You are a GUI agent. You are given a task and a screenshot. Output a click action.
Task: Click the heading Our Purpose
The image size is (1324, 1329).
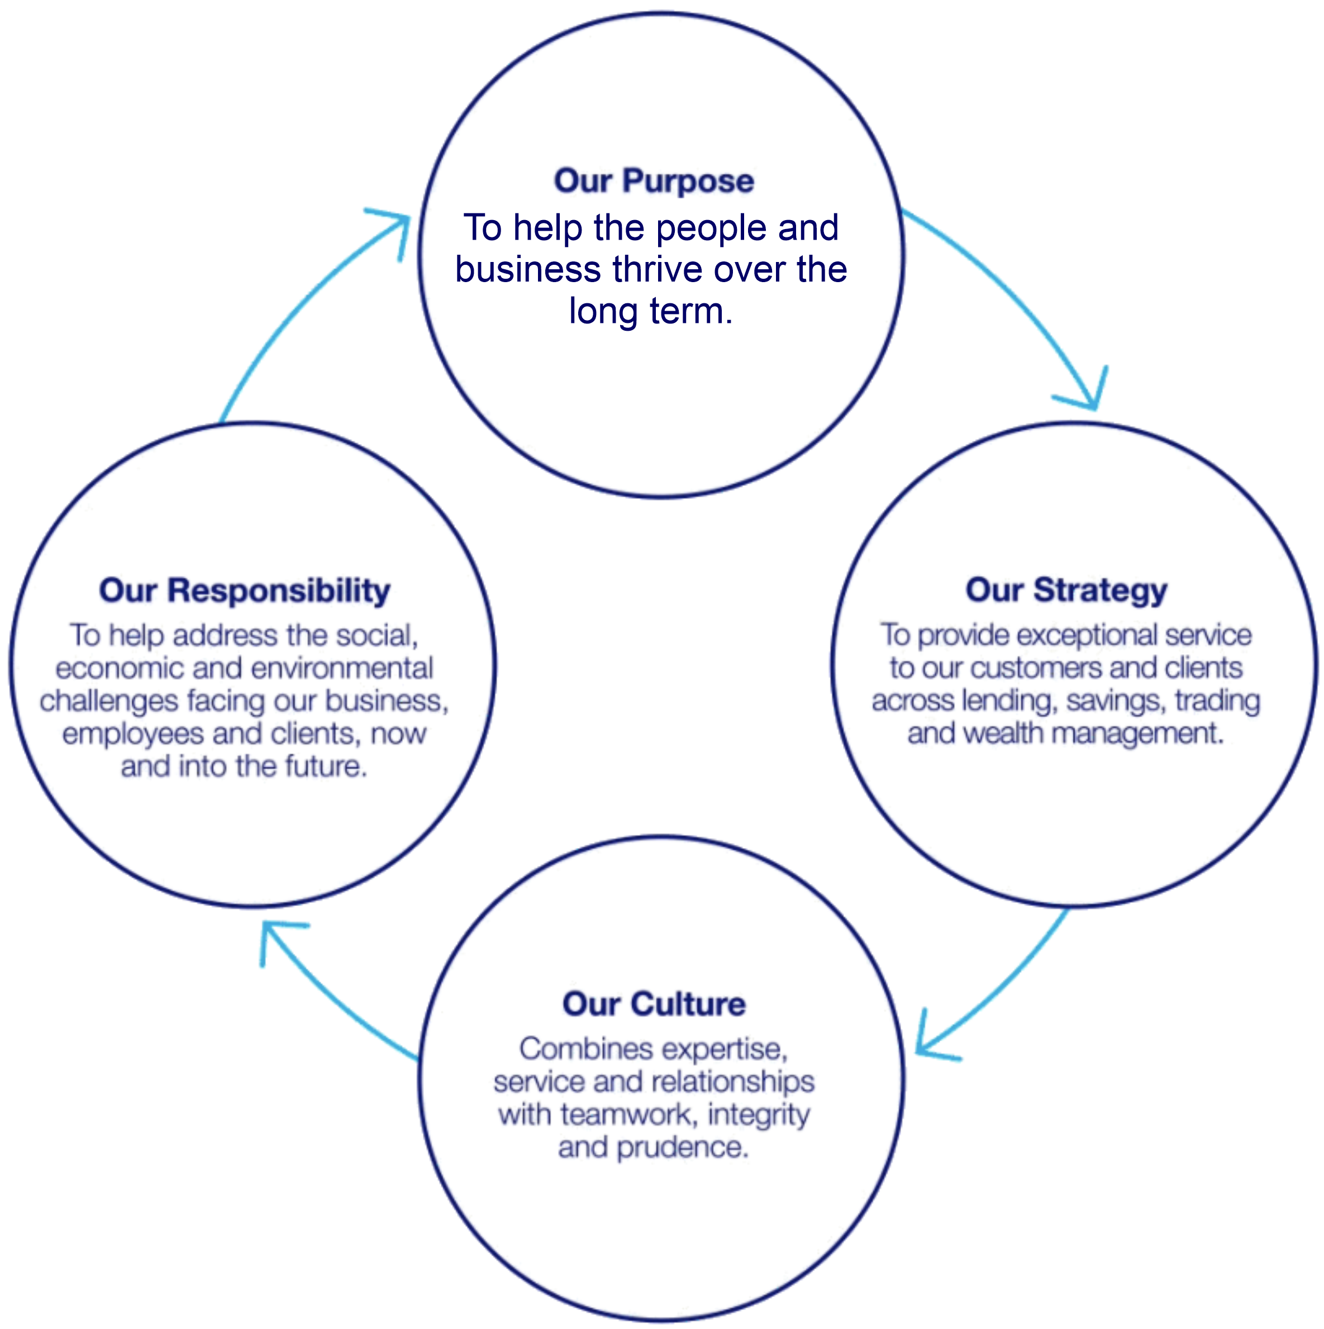(x=654, y=181)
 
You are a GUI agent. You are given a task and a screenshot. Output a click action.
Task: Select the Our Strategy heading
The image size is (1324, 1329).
(x=1066, y=590)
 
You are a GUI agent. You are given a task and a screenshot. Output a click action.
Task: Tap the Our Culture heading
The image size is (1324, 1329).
(x=654, y=1004)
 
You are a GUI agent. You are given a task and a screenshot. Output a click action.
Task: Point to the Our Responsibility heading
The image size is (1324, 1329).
(x=244, y=590)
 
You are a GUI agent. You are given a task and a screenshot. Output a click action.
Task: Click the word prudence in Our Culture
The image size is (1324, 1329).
(x=682, y=1147)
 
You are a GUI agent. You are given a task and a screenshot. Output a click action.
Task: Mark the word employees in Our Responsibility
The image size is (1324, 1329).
(x=134, y=734)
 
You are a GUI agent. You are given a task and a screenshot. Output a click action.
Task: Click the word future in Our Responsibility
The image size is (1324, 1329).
(x=326, y=766)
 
